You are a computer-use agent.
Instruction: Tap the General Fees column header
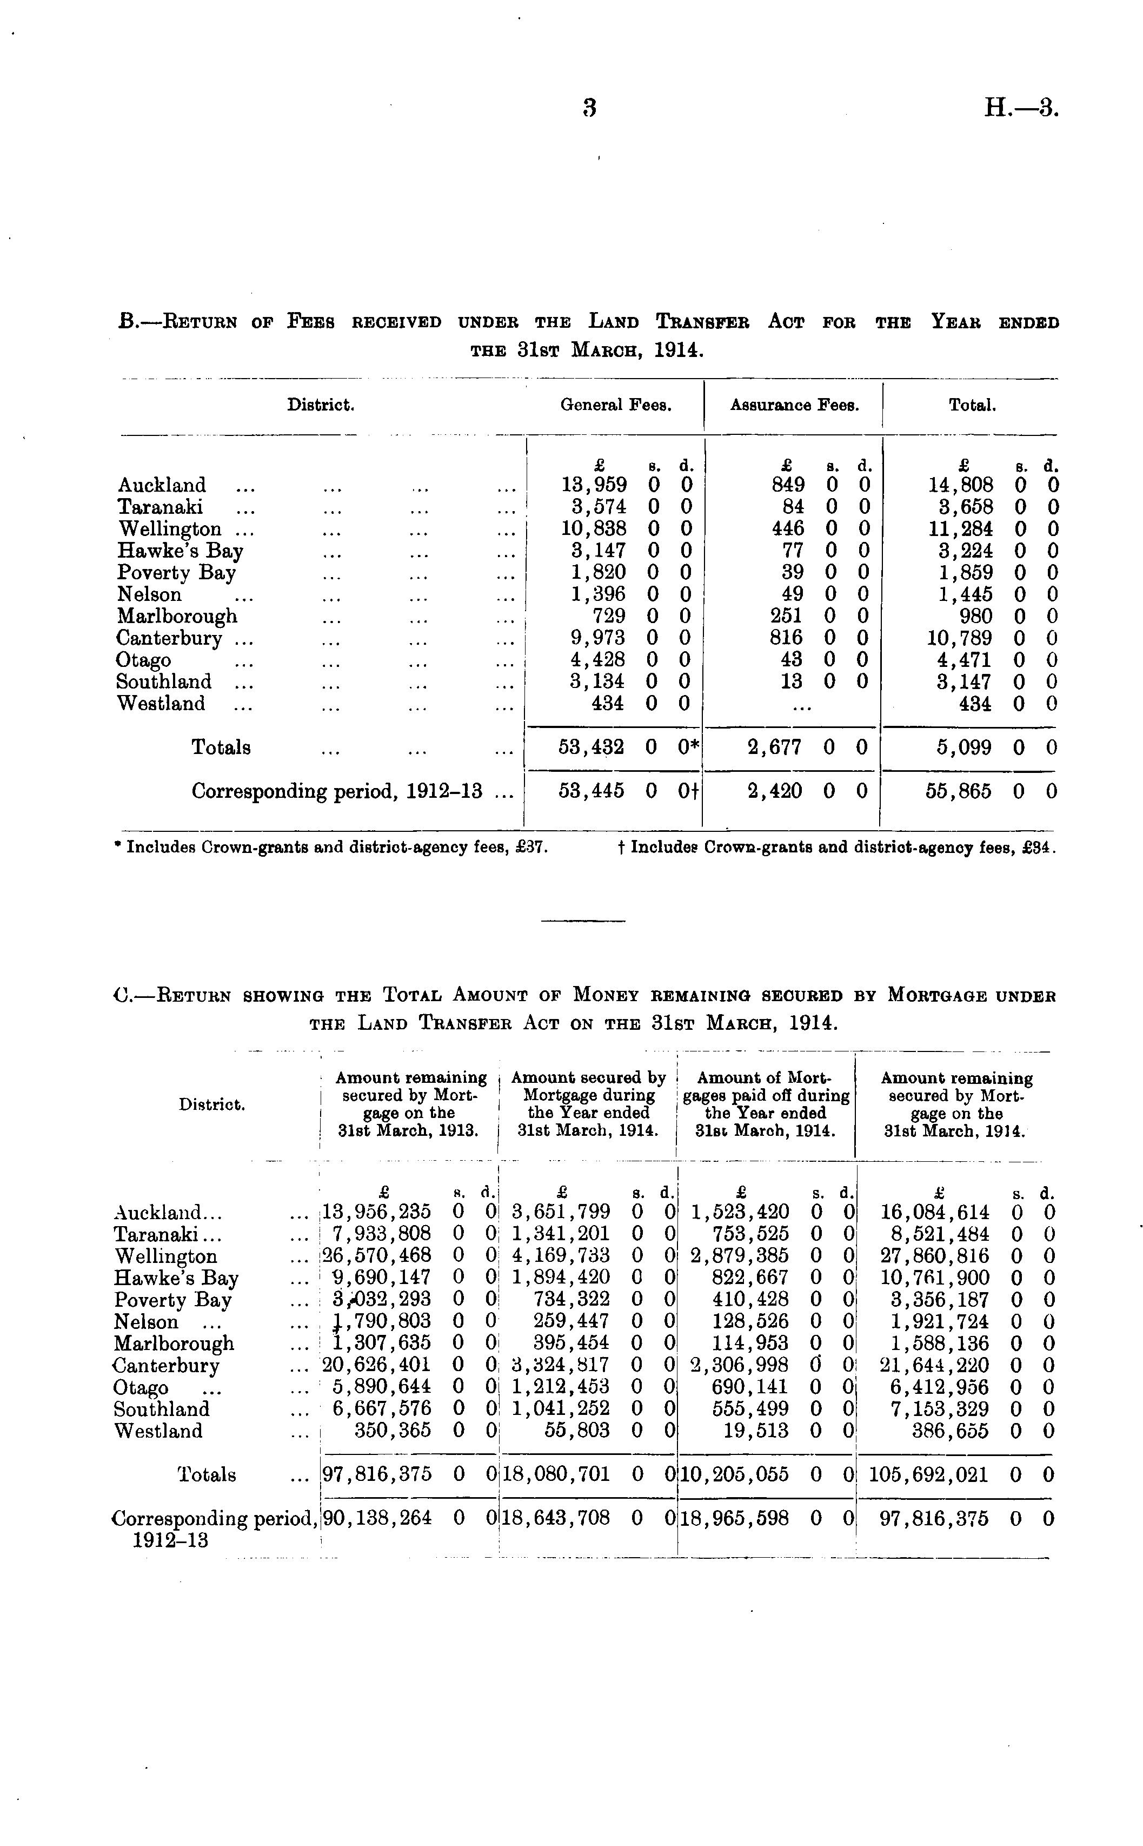(616, 405)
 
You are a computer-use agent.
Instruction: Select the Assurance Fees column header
(794, 405)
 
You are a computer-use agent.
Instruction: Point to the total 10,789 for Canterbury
(959, 638)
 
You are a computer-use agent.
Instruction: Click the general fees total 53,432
(591, 747)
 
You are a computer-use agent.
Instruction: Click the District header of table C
(211, 1105)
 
